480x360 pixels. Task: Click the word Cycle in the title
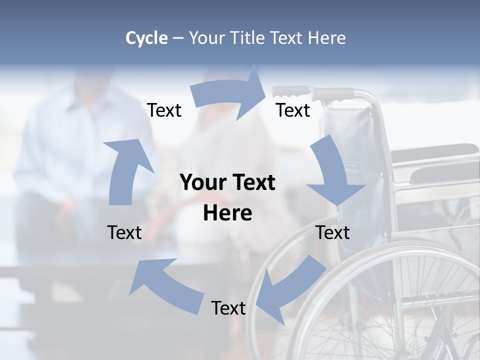[x=146, y=38]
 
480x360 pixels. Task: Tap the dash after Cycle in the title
[x=178, y=38]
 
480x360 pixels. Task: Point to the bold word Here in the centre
[x=227, y=213]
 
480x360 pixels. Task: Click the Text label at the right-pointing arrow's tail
[x=164, y=110]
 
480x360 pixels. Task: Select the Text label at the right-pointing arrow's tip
[x=293, y=110]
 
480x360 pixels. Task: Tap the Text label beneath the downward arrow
[x=332, y=232]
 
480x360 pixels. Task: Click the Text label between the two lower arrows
[x=228, y=308]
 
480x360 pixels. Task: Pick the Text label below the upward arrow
[x=124, y=232]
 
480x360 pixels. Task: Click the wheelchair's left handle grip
[x=290, y=91]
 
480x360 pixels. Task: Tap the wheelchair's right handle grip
[x=332, y=93]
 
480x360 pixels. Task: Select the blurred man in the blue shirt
[x=80, y=150]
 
